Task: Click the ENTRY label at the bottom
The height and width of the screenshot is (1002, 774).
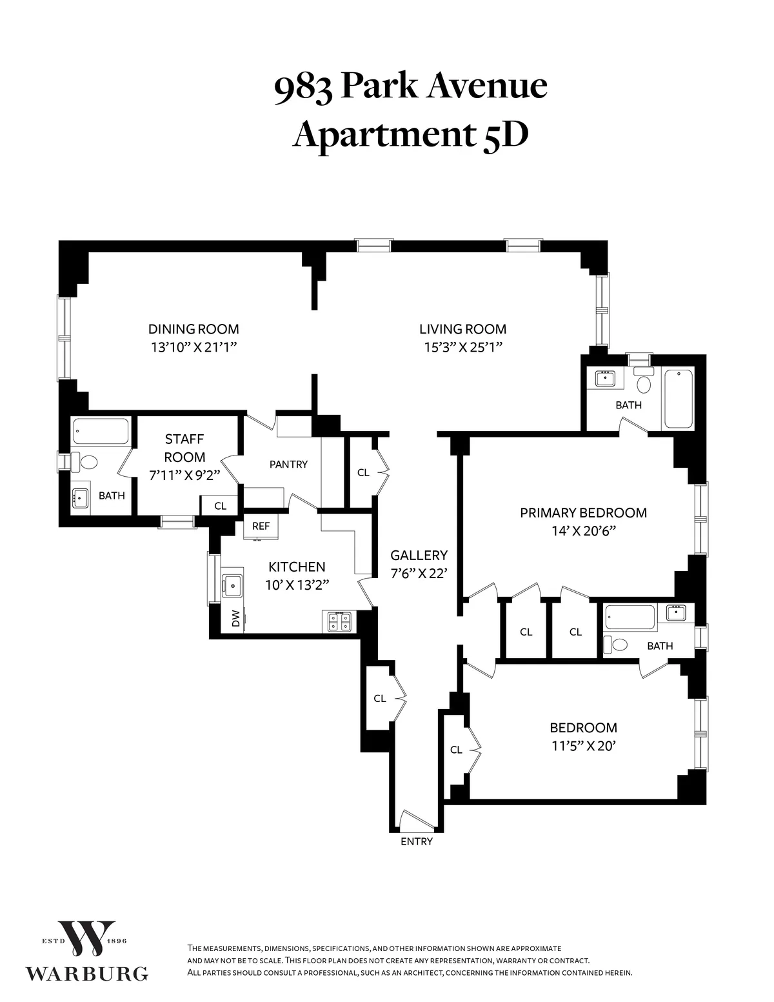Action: tap(416, 841)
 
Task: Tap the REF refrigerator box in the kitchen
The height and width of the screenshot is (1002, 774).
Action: tap(261, 526)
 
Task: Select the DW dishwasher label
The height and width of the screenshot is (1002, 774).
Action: tap(235, 619)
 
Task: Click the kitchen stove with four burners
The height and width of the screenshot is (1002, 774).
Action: tap(339, 621)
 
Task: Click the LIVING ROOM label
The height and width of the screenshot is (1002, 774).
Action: tap(462, 329)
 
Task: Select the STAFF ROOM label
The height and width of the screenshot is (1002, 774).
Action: tap(184, 448)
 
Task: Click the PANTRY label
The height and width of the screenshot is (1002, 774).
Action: tap(288, 464)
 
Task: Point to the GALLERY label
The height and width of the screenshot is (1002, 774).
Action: tap(419, 555)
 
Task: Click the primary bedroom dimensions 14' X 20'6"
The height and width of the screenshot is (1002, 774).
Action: tap(583, 531)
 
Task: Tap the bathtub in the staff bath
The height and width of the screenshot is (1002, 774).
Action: tap(101, 432)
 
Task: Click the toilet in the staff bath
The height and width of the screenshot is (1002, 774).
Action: tap(86, 463)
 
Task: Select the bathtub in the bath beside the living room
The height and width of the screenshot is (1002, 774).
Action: tap(679, 398)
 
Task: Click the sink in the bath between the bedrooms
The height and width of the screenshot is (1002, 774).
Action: tap(676, 612)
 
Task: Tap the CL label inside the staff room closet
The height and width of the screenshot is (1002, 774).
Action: tap(220, 506)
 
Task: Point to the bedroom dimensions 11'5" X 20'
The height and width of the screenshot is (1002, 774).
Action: tap(583, 746)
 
